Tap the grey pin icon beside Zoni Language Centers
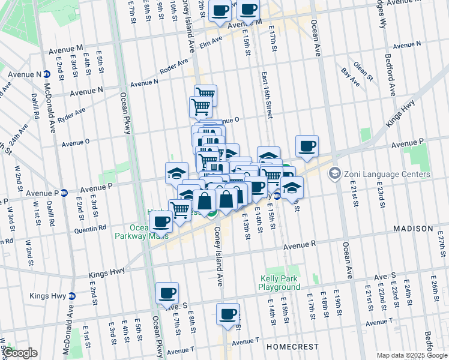pyautogui.click(x=334, y=173)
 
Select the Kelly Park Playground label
pyautogui.click(x=280, y=283)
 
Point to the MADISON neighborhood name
pyautogui.click(x=413, y=229)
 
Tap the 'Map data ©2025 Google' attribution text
pyautogui.click(x=411, y=355)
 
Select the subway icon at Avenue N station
pyautogui.click(x=47, y=74)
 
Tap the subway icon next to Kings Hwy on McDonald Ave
pyautogui.click(x=72, y=296)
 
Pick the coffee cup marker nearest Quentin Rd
pyautogui.click(x=161, y=220)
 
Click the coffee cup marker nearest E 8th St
pyautogui.click(x=167, y=293)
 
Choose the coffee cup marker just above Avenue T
pyautogui.click(x=228, y=314)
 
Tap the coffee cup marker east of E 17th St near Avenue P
pyautogui.click(x=307, y=146)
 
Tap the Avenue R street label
pyautogui.click(x=300, y=245)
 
